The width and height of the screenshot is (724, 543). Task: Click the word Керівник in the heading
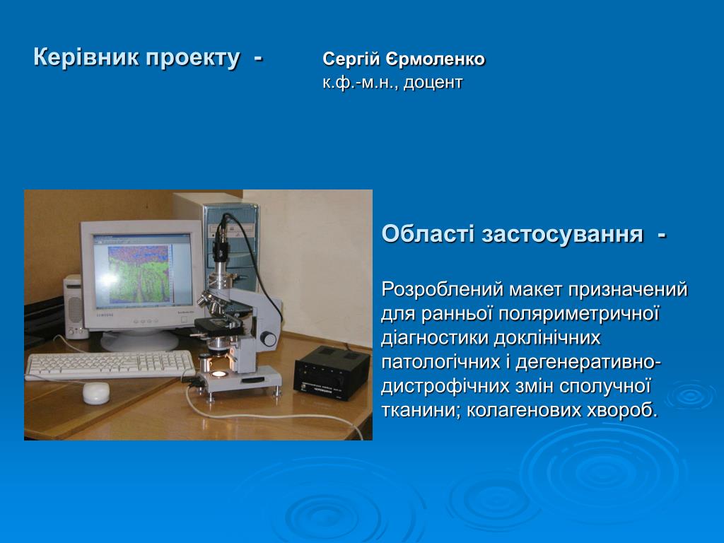(86, 58)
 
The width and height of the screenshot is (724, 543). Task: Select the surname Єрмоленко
(436, 59)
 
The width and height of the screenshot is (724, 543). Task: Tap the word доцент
(433, 83)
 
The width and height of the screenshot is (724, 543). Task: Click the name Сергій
(351, 59)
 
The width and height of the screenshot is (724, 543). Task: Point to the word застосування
(562, 234)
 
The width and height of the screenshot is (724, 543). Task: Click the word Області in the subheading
(428, 233)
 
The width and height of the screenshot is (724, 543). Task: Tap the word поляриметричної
(572, 315)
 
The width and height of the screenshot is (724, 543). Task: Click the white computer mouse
(96, 393)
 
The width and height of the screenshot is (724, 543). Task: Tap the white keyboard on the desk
(110, 365)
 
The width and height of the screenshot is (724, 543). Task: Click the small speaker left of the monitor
(74, 307)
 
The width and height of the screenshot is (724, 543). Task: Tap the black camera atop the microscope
(221, 245)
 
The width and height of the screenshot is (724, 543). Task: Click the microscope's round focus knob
(268, 339)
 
